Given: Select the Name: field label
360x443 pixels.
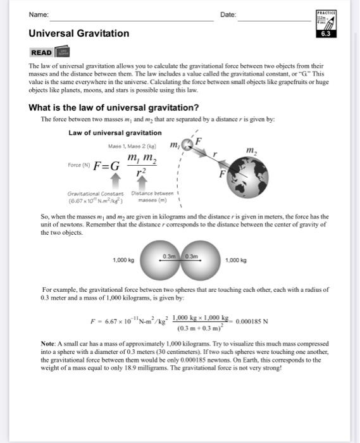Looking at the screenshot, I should click(x=39, y=15).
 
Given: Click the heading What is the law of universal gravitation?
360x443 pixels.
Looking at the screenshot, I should click(x=114, y=107).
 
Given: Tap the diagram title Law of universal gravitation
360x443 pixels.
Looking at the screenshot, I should click(x=115, y=132).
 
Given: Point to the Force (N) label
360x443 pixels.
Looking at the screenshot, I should click(x=79, y=166).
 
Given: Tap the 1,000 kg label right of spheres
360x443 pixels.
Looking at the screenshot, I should click(x=236, y=260).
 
